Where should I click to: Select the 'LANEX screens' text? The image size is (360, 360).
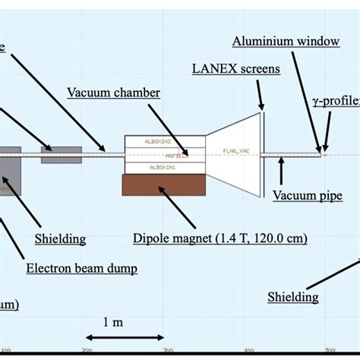coord(235,69)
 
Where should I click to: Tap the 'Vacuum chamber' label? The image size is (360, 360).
coord(113,93)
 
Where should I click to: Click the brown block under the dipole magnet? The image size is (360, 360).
coord(163,185)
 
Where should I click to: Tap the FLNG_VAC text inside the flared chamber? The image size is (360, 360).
coord(235,152)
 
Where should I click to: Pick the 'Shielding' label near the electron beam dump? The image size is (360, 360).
coord(60,238)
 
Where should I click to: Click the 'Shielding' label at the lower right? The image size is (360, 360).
coord(292,297)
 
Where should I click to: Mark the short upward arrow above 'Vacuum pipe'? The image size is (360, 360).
coord(281,170)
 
